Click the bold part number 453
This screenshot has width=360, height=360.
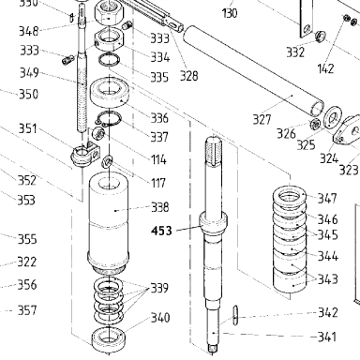coord(161,231)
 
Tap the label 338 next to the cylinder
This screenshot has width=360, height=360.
coord(160,207)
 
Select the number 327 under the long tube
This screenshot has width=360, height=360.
coord(262,119)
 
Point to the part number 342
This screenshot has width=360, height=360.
coord(328,312)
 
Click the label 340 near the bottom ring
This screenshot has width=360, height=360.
coord(160,318)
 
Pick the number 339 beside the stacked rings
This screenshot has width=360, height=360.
coord(159,288)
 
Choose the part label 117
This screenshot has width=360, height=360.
coord(158,183)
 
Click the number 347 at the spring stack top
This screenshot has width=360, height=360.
coord(327,198)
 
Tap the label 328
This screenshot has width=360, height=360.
coord(188,76)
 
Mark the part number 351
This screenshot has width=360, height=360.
coord(28,128)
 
